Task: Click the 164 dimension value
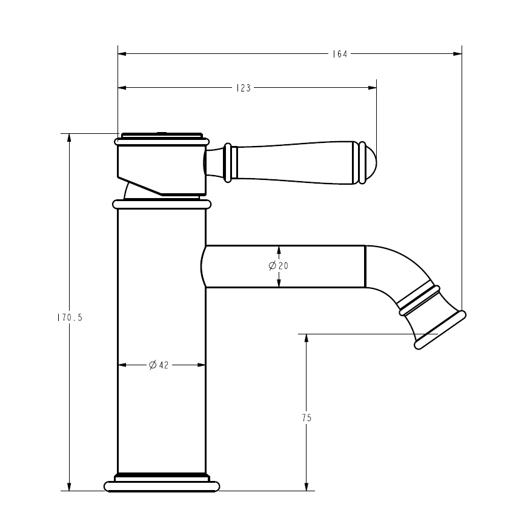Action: tap(339, 54)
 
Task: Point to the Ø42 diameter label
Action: tap(159, 365)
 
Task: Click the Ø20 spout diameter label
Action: tap(279, 266)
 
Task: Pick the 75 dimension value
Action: tap(307, 417)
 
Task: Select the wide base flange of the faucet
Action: tap(161, 486)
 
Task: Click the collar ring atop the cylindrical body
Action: tap(161, 204)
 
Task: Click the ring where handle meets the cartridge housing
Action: tap(228, 162)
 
